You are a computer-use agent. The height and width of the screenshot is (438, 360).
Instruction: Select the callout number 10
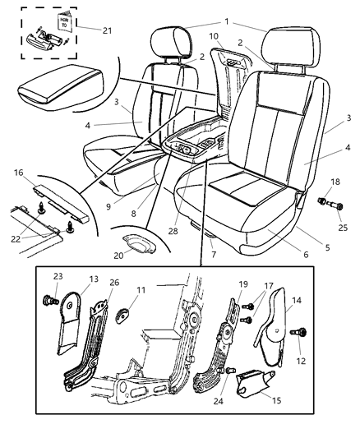point(214,36)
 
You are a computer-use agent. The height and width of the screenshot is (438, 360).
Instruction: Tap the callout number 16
point(18,173)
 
